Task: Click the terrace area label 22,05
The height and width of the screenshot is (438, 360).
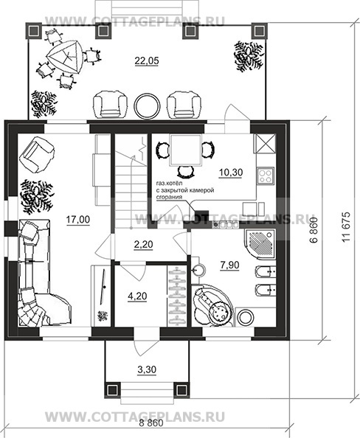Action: (x=147, y=60)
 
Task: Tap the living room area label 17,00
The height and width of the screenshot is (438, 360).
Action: (x=78, y=220)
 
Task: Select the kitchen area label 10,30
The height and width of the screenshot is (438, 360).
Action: (x=231, y=173)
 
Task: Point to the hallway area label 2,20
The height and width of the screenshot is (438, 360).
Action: (x=143, y=244)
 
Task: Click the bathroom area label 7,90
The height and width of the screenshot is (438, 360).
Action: (x=229, y=265)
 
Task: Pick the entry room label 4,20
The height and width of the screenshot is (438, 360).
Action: (x=137, y=296)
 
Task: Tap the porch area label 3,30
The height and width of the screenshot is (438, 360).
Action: (x=147, y=369)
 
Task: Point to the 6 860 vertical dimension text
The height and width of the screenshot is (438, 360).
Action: (x=314, y=231)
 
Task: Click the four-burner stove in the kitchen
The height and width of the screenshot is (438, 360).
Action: (x=266, y=176)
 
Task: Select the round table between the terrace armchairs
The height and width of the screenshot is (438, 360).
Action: (x=148, y=106)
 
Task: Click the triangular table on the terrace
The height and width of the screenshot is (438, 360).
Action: (x=66, y=58)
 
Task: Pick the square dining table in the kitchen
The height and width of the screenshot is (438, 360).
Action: (x=186, y=150)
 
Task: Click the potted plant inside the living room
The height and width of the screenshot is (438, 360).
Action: (x=36, y=197)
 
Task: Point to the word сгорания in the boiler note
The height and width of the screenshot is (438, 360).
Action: (x=169, y=197)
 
